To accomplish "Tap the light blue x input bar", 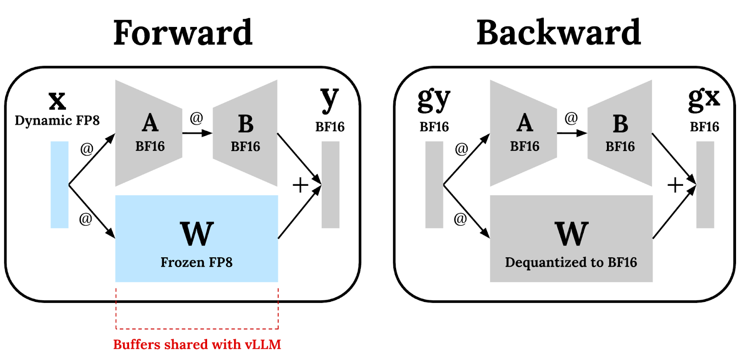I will pos(59,184).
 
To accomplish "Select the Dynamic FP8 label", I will pos(57,120).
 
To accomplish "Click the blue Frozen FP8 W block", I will pos(196,238).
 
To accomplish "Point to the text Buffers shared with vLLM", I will pos(197,344).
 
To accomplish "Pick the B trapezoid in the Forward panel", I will pos(246,133).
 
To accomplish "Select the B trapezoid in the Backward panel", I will pos(620,133).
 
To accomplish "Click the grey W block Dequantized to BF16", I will pos(571,238).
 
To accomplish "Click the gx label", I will pos(704,98).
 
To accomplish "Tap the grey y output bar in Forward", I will pos(330,184).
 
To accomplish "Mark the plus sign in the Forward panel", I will pos(300,185).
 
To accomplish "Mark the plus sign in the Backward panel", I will pos(675,185).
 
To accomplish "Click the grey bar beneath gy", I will pos(434,184).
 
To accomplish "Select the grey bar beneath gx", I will pos(705,184).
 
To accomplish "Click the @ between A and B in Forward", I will pos(196,118).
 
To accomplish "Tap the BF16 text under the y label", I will pos(330,127).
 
